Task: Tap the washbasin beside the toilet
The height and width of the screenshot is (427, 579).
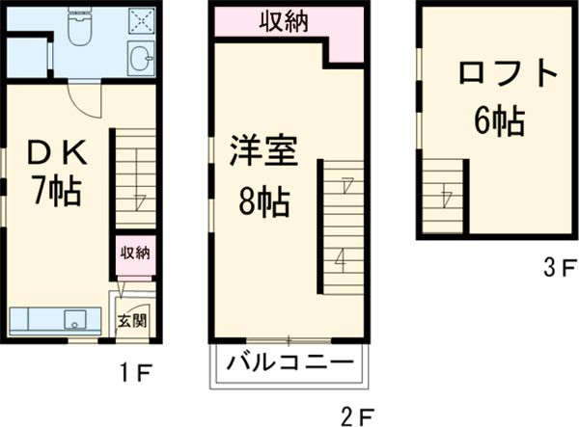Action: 141,58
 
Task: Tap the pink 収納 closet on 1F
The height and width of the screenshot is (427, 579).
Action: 134,254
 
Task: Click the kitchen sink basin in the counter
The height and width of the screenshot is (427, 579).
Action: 74,319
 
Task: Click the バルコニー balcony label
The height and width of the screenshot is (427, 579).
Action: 288,364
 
